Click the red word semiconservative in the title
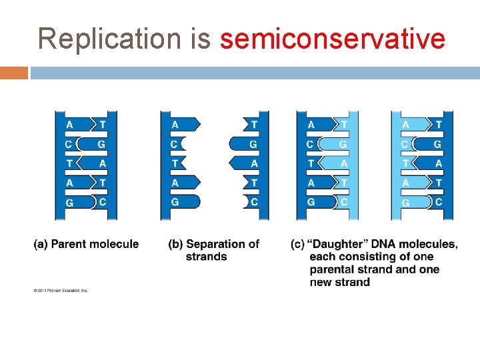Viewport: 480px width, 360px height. [332, 39]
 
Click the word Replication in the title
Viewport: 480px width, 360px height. [109, 39]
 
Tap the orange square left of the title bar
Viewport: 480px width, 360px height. [13, 73]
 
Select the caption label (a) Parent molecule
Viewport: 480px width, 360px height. [86, 244]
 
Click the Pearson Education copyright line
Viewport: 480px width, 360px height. [61, 290]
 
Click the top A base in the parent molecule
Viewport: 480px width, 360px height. [70, 125]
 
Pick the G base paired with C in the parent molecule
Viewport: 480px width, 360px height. [101, 144]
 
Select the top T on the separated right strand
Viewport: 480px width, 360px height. [253, 125]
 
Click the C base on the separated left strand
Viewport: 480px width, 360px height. [175, 144]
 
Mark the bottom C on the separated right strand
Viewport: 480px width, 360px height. [253, 202]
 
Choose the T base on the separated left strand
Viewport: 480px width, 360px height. [175, 163]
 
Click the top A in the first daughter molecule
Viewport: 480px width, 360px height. [311, 125]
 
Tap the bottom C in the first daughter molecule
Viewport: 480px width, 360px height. [344, 202]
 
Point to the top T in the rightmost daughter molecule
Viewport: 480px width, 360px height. [438, 125]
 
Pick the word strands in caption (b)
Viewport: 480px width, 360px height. [206, 257]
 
